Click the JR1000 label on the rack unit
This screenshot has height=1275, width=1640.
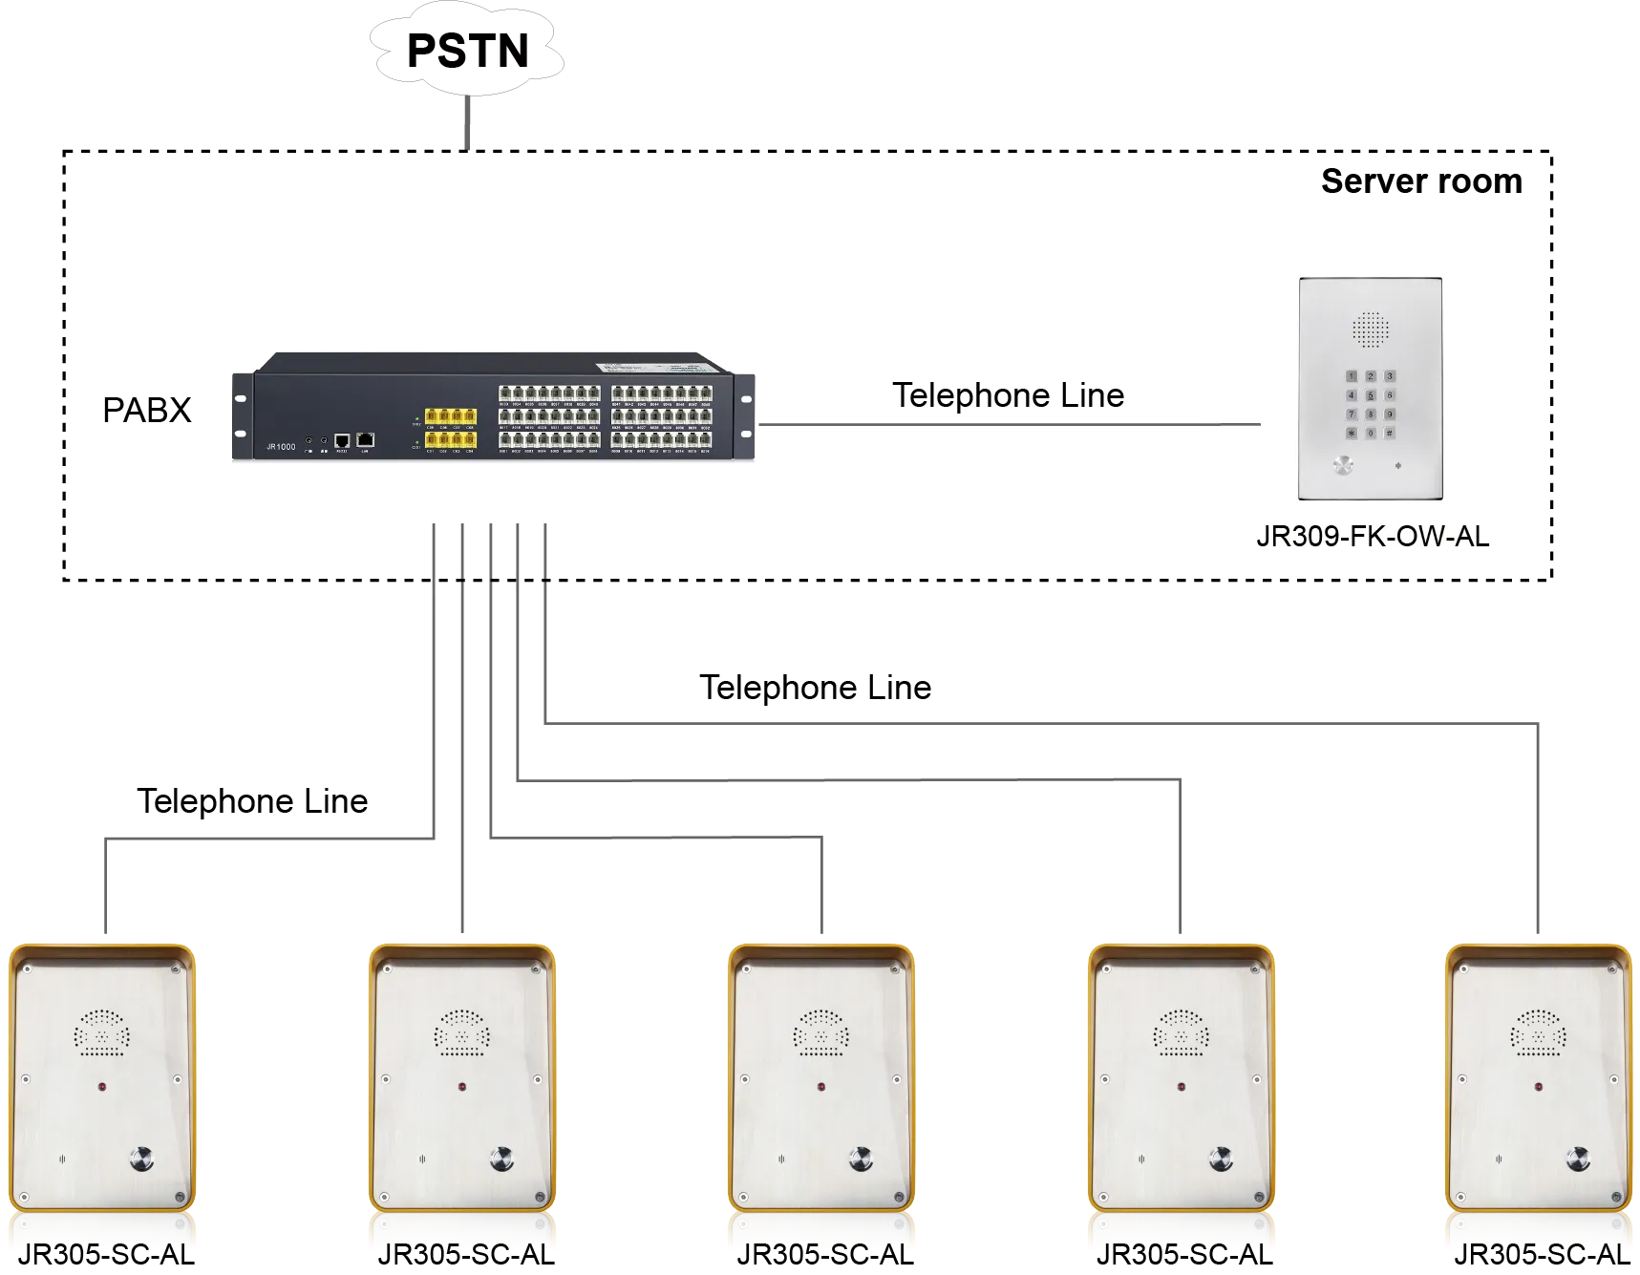[x=281, y=447]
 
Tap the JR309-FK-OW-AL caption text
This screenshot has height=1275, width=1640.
[x=1372, y=537]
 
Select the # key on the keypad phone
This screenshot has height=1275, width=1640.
[x=1389, y=433]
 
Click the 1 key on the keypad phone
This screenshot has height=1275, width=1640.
[x=1352, y=376]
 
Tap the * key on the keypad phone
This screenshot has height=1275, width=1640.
[x=1352, y=433]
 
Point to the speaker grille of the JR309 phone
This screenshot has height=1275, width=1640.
[x=1371, y=329]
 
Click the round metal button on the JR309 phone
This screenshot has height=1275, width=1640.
[x=1343, y=465]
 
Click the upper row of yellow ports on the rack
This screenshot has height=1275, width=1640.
[x=450, y=416]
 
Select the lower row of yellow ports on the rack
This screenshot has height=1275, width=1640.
[x=450, y=440]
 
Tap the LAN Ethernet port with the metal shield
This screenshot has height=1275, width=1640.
[x=365, y=440]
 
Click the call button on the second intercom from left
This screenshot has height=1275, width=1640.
[x=502, y=1159]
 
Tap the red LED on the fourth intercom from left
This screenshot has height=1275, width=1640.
[x=1181, y=1087]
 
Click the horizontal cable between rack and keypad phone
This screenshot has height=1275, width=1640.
[x=984, y=420]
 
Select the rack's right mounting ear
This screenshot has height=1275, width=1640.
[x=746, y=416]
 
